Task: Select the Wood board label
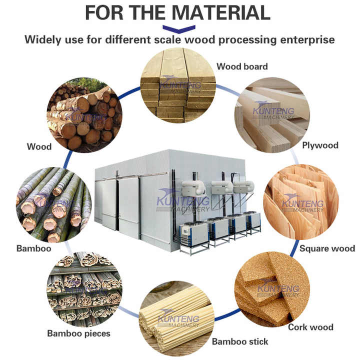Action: click(242, 66)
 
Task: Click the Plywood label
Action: click(320, 145)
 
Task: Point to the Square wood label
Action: click(327, 248)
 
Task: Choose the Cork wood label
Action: click(310, 327)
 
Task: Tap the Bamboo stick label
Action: click(240, 341)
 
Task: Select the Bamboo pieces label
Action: click(78, 333)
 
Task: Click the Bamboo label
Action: click(33, 248)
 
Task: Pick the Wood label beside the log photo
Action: click(39, 146)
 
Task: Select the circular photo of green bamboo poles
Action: click(53, 204)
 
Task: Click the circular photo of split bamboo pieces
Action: click(84, 289)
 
